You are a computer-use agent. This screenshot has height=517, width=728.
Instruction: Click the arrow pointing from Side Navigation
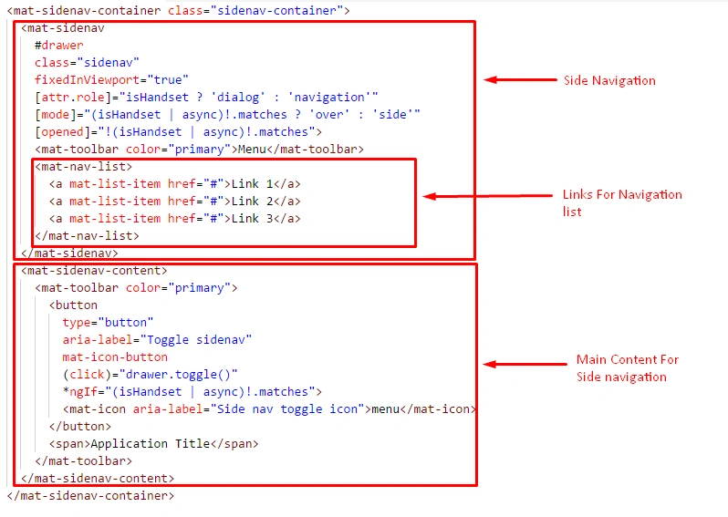[x=520, y=80]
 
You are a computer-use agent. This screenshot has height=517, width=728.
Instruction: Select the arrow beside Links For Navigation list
[x=487, y=196]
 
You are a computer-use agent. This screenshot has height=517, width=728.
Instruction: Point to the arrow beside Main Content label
[x=525, y=365]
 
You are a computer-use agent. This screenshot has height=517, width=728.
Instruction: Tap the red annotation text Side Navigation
[x=609, y=81]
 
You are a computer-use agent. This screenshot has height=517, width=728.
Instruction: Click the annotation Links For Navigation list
[x=622, y=202]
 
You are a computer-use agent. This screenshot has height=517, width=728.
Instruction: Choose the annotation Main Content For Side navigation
[x=628, y=368]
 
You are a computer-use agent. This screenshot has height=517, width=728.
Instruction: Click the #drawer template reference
[x=59, y=46]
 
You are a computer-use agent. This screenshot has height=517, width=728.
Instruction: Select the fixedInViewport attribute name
[x=87, y=80]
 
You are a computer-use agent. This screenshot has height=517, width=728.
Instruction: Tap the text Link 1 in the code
[x=252, y=184]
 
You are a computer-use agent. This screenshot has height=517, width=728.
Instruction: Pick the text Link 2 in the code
[x=252, y=201]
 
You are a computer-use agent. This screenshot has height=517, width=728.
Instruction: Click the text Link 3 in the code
[x=252, y=218]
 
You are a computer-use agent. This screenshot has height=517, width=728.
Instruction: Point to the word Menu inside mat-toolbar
[x=252, y=149]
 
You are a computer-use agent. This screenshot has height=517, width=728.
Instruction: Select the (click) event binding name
[x=84, y=375]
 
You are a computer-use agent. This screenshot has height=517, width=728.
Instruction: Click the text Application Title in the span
[x=151, y=444]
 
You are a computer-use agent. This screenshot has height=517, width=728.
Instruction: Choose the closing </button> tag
[x=80, y=427]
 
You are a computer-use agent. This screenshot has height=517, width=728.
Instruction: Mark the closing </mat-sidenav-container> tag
[x=90, y=496]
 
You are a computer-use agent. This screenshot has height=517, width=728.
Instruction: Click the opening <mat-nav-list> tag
[x=84, y=167]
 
